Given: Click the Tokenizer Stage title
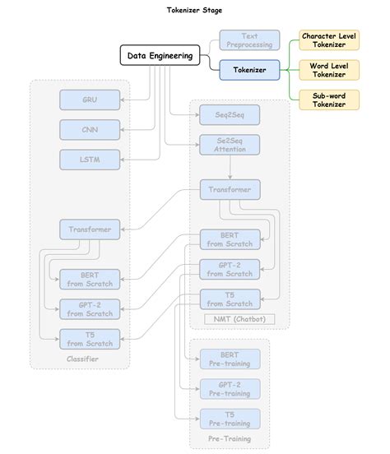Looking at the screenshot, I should click(194, 10).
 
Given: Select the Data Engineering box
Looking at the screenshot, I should click(160, 56).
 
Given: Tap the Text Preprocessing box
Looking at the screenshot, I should click(249, 41).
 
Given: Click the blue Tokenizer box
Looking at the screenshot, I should click(249, 70).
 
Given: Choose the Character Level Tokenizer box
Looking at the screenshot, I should click(329, 40).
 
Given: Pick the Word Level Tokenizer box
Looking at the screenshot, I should click(329, 70).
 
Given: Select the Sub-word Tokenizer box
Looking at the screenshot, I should click(329, 100).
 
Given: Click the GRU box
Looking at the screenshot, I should click(90, 100).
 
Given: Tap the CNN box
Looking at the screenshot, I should click(90, 129).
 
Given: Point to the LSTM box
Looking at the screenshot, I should click(90, 159).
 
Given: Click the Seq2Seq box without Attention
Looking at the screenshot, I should click(230, 114).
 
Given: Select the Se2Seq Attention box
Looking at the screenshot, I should click(230, 145).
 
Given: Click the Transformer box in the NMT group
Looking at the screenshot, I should click(230, 189).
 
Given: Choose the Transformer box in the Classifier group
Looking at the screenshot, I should click(90, 229).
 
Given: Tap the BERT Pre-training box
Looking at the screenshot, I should click(230, 359).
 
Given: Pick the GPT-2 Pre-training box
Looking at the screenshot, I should click(230, 388).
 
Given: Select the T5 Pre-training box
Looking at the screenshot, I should click(230, 418).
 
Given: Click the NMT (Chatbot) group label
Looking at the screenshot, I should click(239, 318).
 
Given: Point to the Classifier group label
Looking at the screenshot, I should click(81, 359).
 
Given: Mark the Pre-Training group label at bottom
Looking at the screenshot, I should click(230, 440).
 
